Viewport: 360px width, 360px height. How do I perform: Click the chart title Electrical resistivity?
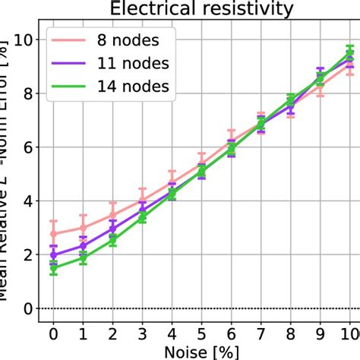pyautogui.click(x=201, y=9)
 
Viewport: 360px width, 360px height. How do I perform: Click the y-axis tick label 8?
pyautogui.click(x=26, y=93)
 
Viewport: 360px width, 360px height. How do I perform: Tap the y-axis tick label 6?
pyautogui.click(x=26, y=147)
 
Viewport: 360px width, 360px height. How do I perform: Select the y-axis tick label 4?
pyautogui.click(x=26, y=201)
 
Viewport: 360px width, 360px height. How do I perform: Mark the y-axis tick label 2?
pyautogui.click(x=26, y=255)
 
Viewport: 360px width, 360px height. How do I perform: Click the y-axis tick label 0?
pyautogui.click(x=26, y=308)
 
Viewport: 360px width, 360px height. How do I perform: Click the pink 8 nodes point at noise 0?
pyautogui.click(x=53, y=233)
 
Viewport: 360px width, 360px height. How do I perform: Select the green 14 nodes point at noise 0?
pyautogui.click(x=53, y=267)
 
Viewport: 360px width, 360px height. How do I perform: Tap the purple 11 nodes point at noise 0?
pyautogui.click(x=53, y=254)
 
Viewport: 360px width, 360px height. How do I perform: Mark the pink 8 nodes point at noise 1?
pyautogui.click(x=83, y=228)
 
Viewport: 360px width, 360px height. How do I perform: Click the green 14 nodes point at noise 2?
pyautogui.click(x=112, y=239)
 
